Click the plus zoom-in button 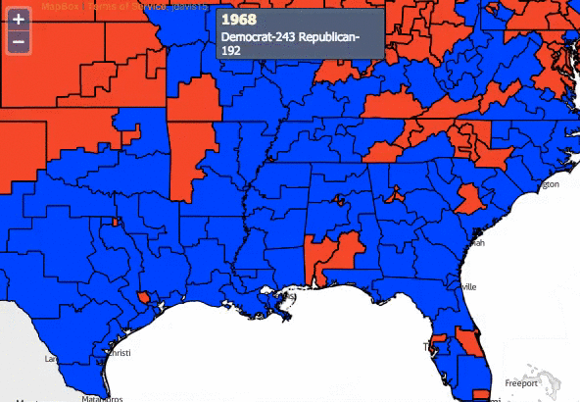coord(18,19)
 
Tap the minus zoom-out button coord(18,42)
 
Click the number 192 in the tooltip coord(231,51)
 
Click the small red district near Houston coord(145,296)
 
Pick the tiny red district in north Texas coord(115,222)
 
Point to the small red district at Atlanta coord(395,192)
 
